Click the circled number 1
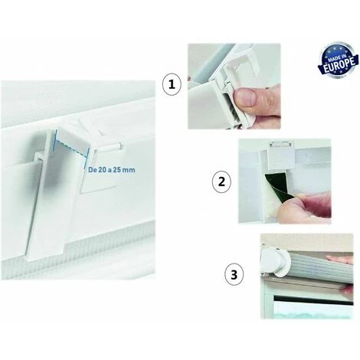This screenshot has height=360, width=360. pyautogui.click(x=172, y=85)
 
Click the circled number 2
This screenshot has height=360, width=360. pyautogui.click(x=221, y=182)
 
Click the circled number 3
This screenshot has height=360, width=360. pyautogui.click(x=234, y=275)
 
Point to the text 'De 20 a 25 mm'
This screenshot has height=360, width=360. pyautogui.click(x=112, y=169)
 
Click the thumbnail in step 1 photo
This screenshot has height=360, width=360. pyautogui.click(x=245, y=97)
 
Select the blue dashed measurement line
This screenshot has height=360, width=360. pyautogui.click(x=71, y=148)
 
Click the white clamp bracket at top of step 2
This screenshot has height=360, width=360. pyautogui.click(x=281, y=155)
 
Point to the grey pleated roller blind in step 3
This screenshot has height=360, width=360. pyautogui.click(x=319, y=267)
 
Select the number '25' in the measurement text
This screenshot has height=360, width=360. pyautogui.click(x=117, y=169)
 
